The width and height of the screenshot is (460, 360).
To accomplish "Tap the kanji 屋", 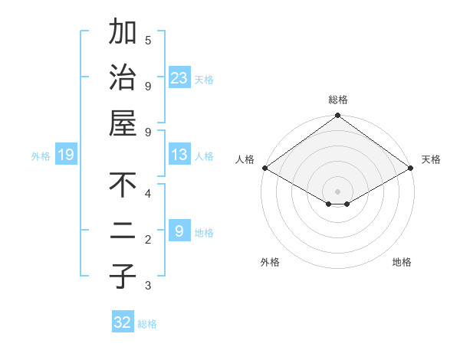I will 123,123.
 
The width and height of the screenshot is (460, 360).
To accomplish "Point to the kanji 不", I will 123,185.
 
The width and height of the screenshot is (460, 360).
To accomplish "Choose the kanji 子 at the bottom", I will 123,276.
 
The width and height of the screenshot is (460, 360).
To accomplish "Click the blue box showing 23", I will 179,77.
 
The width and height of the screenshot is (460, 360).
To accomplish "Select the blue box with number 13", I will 179,155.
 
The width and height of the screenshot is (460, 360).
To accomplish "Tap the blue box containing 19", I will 65,155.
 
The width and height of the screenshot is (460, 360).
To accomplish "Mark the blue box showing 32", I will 123,322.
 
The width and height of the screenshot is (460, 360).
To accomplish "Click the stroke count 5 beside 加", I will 148,40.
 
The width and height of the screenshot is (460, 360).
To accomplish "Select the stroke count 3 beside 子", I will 148,286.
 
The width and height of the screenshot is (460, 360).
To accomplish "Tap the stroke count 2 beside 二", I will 148,240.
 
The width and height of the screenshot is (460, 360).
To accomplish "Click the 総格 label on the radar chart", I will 338,100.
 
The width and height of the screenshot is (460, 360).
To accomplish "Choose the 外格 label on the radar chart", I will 270,262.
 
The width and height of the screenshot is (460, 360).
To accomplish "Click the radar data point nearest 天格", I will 411,168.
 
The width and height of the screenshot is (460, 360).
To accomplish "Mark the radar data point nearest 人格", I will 264,168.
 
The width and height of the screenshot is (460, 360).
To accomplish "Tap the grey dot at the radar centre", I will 337,191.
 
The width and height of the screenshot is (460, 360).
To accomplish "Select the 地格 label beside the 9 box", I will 204,232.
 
